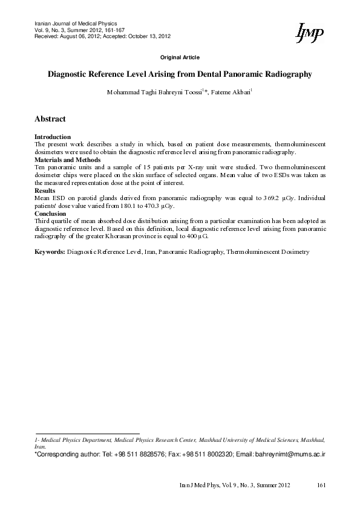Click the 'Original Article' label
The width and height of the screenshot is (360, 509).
point(180,57)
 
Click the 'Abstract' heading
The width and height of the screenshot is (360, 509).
point(50,119)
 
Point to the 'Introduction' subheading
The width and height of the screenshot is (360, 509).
point(53,137)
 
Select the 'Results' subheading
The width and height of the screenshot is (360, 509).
point(45,190)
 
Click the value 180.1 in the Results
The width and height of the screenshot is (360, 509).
point(120,206)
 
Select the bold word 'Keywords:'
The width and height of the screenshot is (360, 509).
point(50,250)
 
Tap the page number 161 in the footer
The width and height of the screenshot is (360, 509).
point(321,485)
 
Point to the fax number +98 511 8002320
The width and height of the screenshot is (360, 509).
point(205,452)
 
